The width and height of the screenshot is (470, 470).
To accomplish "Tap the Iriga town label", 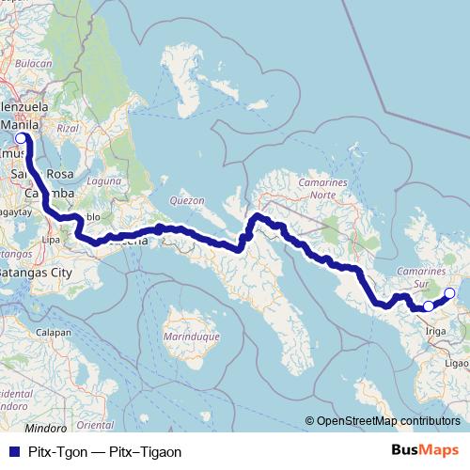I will click(x=435, y=331).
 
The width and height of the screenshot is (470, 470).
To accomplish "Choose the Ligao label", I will click(x=456, y=361).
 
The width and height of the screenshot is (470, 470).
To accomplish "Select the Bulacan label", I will click(x=34, y=63).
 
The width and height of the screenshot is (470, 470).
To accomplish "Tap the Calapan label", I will click(x=53, y=332).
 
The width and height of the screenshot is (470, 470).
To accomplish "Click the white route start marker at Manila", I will click(x=21, y=137).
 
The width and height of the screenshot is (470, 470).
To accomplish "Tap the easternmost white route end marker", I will click(x=448, y=294).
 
